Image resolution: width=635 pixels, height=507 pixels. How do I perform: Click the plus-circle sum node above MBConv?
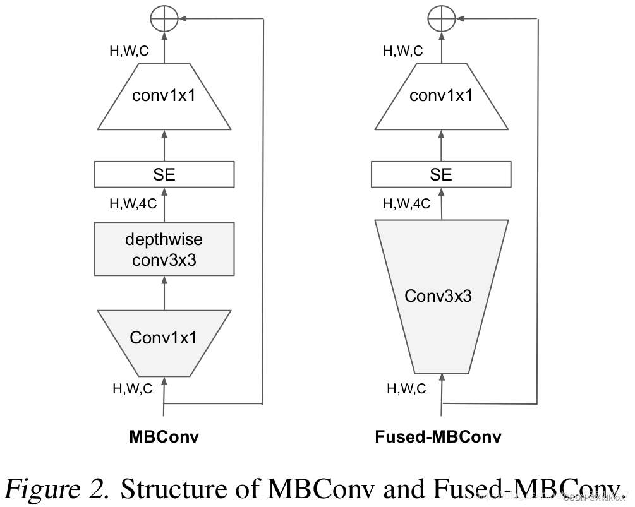tap(164, 20)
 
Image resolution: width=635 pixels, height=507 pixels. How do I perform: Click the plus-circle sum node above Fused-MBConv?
tap(441, 20)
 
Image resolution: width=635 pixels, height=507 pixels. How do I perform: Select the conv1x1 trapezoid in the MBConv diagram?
tap(164, 96)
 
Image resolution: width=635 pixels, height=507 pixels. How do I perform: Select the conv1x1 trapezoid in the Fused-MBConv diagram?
tap(441, 96)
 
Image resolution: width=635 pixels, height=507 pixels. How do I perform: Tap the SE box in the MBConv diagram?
tap(164, 174)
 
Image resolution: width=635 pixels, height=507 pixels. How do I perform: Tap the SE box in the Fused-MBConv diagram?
tap(441, 174)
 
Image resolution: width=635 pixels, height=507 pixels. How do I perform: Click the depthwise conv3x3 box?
tap(164, 249)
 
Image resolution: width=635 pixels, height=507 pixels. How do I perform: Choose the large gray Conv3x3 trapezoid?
tap(441, 295)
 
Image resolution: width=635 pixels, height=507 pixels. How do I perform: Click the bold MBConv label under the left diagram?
tap(164, 436)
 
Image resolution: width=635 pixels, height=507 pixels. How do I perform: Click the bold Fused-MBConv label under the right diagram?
tap(438, 436)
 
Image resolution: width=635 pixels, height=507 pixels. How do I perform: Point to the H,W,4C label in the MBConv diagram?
tap(133, 204)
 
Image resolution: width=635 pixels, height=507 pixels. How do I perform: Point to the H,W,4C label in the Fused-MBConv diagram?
tap(407, 204)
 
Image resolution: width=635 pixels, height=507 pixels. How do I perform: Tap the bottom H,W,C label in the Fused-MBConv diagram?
tap(406, 389)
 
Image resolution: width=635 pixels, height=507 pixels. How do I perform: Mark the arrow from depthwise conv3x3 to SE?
tap(164, 205)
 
